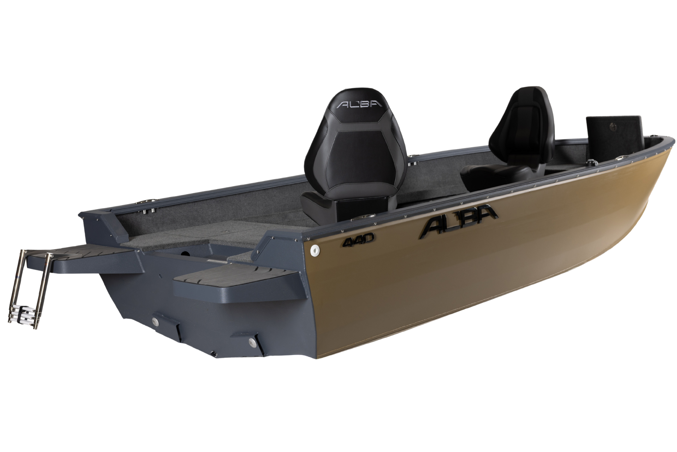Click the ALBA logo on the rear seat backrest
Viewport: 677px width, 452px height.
359,104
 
